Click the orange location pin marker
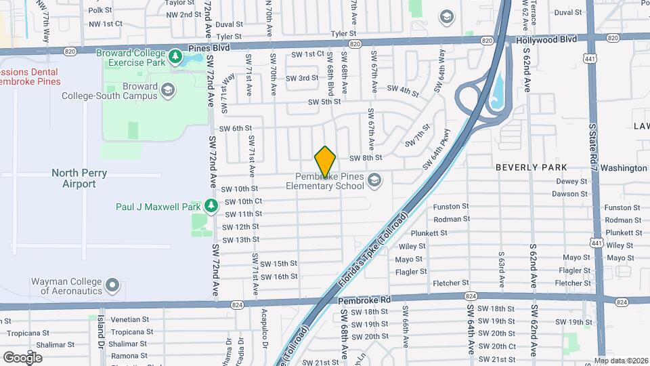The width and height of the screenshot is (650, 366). [x=326, y=161]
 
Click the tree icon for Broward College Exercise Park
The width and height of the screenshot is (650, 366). [x=176, y=54]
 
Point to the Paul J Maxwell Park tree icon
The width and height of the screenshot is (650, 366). [x=212, y=205]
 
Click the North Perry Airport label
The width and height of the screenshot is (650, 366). [x=79, y=178]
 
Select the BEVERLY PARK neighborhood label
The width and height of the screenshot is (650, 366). [x=531, y=167]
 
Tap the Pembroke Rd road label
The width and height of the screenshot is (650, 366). [x=365, y=299]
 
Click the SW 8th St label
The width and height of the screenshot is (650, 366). [x=366, y=158]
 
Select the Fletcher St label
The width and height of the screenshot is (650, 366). [x=455, y=283]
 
